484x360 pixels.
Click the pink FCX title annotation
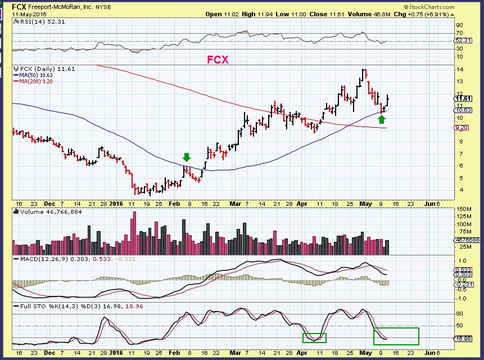218,59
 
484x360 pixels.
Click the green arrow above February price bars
187,157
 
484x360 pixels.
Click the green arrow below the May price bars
382,119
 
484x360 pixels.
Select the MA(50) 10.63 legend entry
36,74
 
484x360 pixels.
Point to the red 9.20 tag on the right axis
461,128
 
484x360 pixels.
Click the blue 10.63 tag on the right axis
462,110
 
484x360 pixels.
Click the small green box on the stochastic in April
314,337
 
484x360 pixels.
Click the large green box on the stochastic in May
396,336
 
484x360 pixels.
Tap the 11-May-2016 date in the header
26,14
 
